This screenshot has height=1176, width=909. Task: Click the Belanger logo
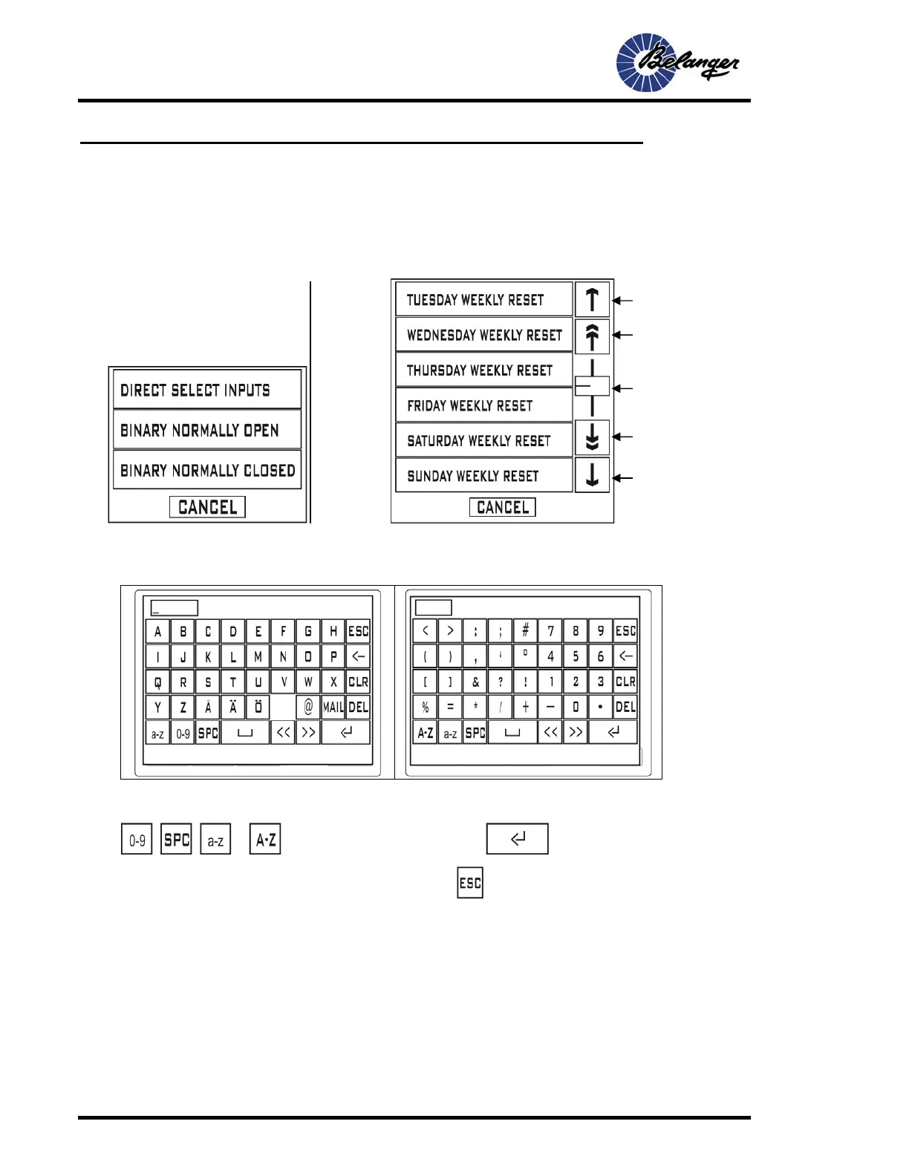point(677,62)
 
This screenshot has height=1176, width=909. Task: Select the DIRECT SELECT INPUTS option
point(206,390)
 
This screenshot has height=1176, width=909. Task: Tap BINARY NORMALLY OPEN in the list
point(206,430)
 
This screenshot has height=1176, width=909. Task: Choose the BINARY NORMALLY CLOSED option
point(206,470)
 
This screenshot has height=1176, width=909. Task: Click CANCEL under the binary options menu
point(207,507)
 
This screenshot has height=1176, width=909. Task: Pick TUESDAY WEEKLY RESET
point(483,299)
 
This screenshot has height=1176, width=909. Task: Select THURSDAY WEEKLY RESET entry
point(483,370)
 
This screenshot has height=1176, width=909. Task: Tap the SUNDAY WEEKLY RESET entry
point(483,476)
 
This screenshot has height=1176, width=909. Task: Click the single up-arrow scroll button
point(592,299)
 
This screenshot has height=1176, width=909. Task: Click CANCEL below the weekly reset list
point(503,507)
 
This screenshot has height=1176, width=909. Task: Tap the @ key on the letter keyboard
point(308,707)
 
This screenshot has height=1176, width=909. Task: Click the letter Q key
point(157,682)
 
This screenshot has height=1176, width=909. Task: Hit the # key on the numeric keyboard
point(525,631)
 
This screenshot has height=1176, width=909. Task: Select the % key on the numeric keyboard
point(426,707)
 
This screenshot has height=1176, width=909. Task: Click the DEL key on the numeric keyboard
point(625,707)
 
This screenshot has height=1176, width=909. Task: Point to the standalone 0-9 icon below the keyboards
point(137,840)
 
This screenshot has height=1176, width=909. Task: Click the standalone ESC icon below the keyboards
point(470,883)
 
